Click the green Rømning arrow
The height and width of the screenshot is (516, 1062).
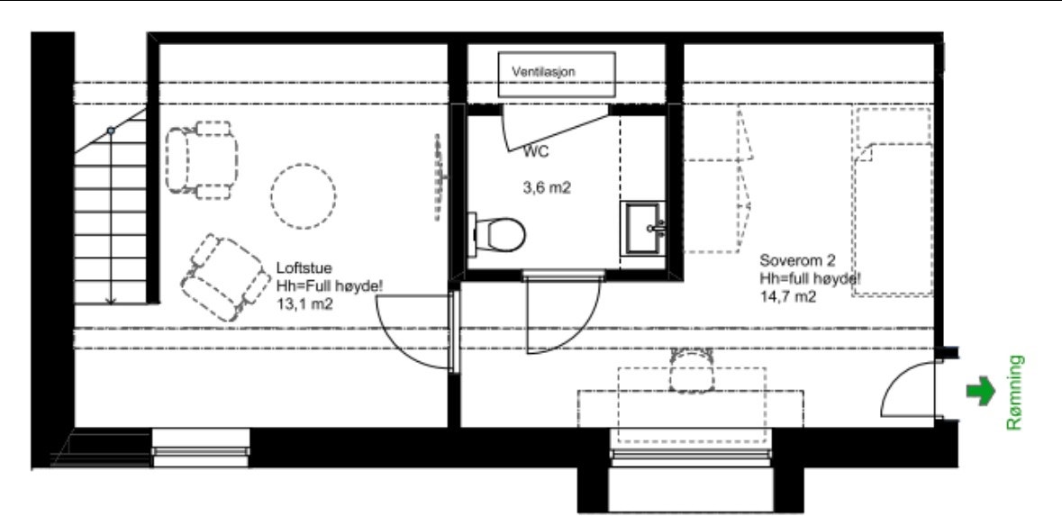(x=980, y=392)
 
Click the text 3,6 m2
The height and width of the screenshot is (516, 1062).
(x=548, y=188)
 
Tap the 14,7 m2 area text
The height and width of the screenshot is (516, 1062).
(x=788, y=295)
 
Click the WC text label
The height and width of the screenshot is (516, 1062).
(x=536, y=152)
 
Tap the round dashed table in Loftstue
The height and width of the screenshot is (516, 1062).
(x=304, y=194)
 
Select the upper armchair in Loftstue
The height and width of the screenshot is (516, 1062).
(x=203, y=159)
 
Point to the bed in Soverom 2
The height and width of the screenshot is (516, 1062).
(x=892, y=203)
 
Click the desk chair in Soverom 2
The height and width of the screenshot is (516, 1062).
(x=691, y=369)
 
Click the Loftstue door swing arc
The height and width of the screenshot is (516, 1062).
(x=410, y=329)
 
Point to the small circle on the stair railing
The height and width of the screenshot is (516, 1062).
(x=111, y=131)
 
